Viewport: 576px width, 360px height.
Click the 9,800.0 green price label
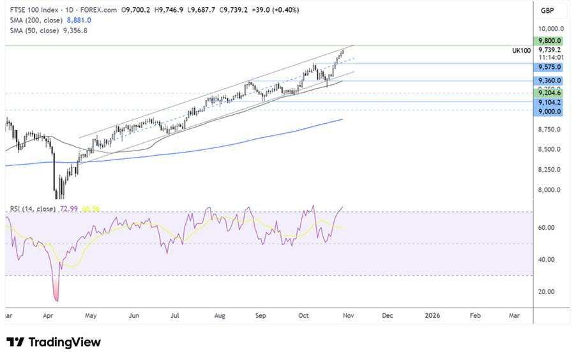[549, 40]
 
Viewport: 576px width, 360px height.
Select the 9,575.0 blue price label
[549, 67]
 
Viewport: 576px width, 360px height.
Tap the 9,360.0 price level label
[549, 80]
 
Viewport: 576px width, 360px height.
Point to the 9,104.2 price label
[549, 101]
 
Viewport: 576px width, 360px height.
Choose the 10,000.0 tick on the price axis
[550, 29]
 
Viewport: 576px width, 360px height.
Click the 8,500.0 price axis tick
[549, 150]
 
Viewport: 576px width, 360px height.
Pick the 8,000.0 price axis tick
[549, 190]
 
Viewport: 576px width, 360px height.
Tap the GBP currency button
[547, 11]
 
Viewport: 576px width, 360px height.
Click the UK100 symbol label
[522, 50]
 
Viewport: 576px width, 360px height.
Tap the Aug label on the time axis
[220, 315]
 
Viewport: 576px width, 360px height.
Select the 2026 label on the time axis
[433, 315]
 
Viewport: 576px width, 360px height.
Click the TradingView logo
[54, 342]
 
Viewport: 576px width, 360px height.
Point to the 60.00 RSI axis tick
[546, 228]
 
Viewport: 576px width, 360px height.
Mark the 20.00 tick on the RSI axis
[546, 292]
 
